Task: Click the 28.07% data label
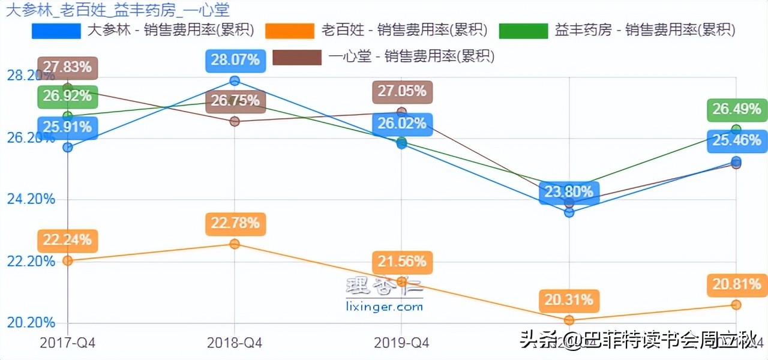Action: click(x=235, y=60)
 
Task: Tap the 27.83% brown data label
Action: click(x=67, y=67)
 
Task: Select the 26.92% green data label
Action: click(x=67, y=96)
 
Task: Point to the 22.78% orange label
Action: click(x=235, y=223)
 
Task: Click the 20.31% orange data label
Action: click(x=569, y=299)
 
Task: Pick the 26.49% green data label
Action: click(x=737, y=109)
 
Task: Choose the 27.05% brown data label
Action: click(x=402, y=91)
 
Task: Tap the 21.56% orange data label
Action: click(x=402, y=262)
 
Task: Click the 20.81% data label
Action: click(x=737, y=284)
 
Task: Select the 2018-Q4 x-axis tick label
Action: click(x=235, y=343)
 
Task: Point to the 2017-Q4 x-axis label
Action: click(x=68, y=343)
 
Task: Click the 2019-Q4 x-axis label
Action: click(x=401, y=343)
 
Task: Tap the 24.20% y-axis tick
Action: click(x=31, y=199)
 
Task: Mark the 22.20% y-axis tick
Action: click(x=31, y=261)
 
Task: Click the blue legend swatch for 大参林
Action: click(x=56, y=31)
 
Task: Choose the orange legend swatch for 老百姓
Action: click(x=290, y=31)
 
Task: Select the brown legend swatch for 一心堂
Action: click(x=296, y=57)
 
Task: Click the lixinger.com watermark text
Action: click(x=385, y=307)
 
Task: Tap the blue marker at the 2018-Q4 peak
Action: click(x=235, y=81)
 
